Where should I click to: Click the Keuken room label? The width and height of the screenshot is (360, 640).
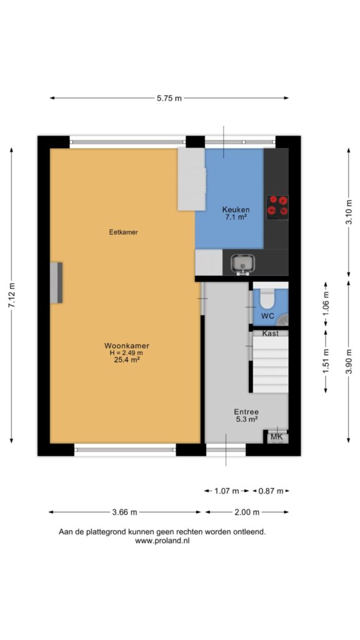tap(236, 210)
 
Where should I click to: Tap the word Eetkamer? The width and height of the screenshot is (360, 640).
tap(123, 232)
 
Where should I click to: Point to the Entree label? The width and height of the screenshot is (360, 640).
tap(246, 412)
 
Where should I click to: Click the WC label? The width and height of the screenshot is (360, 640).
tap(267, 316)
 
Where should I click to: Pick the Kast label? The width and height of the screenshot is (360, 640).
tap(270, 334)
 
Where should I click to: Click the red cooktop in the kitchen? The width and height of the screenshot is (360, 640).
tap(277, 206)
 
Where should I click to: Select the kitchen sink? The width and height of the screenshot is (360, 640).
tap(243, 262)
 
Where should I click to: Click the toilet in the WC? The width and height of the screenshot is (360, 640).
tap(267, 299)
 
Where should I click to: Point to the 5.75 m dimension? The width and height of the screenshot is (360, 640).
tap(169, 98)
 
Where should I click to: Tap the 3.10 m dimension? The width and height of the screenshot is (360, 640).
tap(348, 212)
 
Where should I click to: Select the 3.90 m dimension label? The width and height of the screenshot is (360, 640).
tap(348, 361)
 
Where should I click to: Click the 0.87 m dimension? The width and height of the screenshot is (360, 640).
tap(271, 491)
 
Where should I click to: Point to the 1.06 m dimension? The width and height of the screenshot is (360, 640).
tap(325, 303)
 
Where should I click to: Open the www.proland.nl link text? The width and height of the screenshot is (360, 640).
tap(162, 541)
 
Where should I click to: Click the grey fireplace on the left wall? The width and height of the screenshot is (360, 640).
tap(56, 283)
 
